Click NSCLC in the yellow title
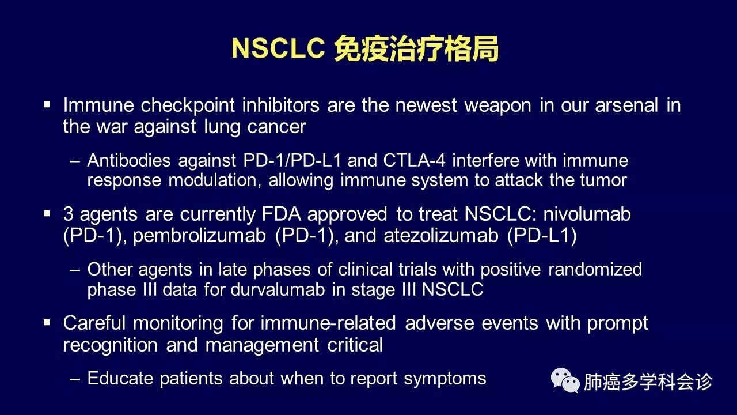pyautogui.click(x=278, y=48)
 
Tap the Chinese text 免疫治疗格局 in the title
pyautogui.click(x=416, y=48)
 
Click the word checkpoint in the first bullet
pyautogui.click(x=188, y=105)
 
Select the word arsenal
pyautogui.click(x=626, y=105)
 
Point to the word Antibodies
pyautogui.click(x=129, y=160)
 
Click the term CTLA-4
pyautogui.click(x=414, y=160)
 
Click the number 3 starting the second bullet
pyautogui.click(x=68, y=214)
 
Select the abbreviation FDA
pyautogui.click(x=282, y=214)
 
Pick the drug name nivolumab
pyautogui.click(x=587, y=214)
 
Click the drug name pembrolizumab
pyautogui.click(x=199, y=236)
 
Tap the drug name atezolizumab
pyautogui.click(x=441, y=236)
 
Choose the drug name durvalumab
pyautogui.click(x=278, y=289)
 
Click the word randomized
pyautogui.click(x=595, y=269)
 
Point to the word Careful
pyautogui.click(x=94, y=323)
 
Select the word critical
pyautogui.click(x=355, y=345)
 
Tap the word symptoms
pyautogui.click(x=445, y=379)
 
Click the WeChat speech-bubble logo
pyautogui.click(x=565, y=380)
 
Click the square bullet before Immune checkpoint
pyautogui.click(x=47, y=105)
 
